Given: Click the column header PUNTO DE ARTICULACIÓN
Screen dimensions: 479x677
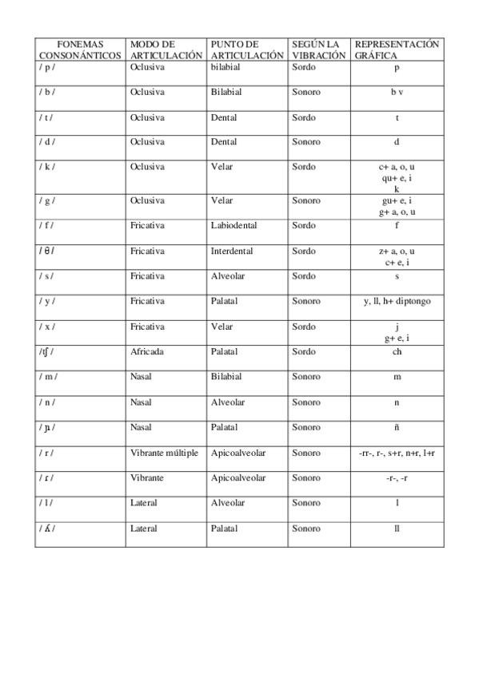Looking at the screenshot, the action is (246, 49).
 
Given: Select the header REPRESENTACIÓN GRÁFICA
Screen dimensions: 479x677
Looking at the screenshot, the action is (397, 49).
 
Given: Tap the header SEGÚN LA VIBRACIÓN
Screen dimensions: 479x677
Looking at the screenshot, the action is (318, 49).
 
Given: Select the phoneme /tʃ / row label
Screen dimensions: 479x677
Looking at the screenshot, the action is (47, 351).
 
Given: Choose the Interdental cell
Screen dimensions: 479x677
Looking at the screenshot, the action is (232, 251).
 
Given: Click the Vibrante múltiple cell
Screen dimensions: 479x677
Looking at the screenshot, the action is (164, 452).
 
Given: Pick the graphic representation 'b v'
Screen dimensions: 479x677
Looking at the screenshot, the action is (397, 92).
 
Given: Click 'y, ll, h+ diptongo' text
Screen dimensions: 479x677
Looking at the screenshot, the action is (397, 301).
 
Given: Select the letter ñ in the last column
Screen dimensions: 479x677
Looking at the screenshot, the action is (397, 427).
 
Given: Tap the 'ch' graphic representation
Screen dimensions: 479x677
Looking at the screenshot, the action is (397, 351).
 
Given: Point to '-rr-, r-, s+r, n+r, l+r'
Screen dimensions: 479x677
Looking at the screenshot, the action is (397, 452).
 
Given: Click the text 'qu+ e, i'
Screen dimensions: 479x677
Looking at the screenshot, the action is (397, 179).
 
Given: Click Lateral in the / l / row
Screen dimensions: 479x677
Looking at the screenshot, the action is (143, 503).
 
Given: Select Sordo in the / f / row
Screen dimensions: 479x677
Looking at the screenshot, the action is (303, 226).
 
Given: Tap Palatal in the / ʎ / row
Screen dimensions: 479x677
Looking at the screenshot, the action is (225, 529).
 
